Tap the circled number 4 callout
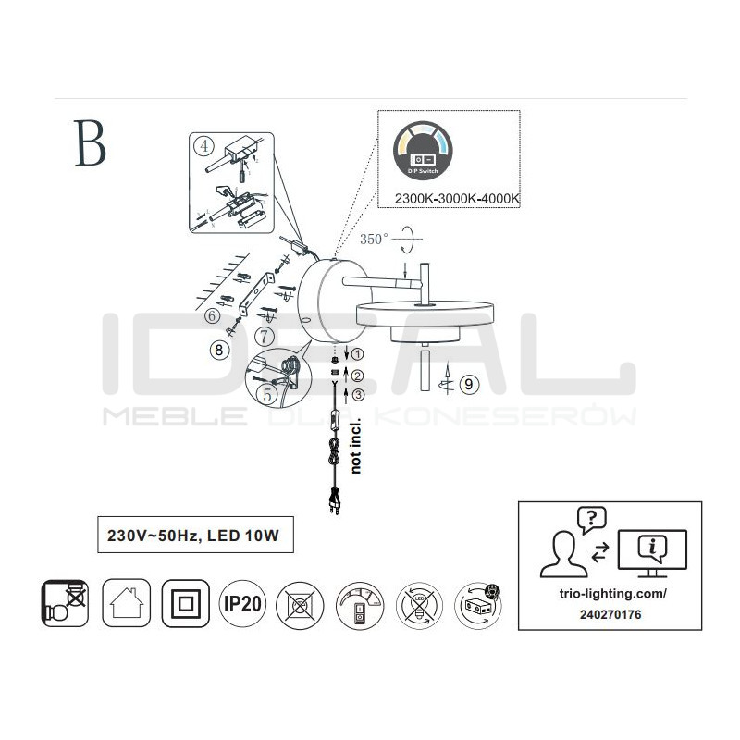point(203,145)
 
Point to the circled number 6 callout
point(214,316)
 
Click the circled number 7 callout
point(265,334)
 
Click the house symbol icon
point(122,604)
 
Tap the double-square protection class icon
point(183,604)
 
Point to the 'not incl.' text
point(355,450)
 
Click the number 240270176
point(610,612)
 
